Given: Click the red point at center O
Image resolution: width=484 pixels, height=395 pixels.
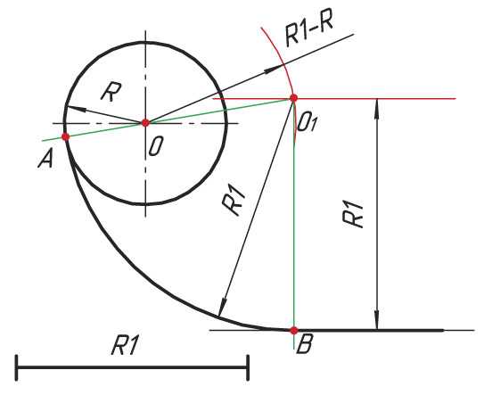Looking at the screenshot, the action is point(145,123).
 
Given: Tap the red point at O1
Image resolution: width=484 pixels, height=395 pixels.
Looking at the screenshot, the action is point(293,98).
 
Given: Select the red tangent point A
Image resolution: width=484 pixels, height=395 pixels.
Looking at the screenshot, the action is point(65,136).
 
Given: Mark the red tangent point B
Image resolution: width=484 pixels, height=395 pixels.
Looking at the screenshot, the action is point(294,330).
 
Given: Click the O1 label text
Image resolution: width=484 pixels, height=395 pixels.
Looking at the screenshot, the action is point(308,124).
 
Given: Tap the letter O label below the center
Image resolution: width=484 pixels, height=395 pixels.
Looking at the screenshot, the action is point(155,146).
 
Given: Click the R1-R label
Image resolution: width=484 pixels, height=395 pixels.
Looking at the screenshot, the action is point(309,32).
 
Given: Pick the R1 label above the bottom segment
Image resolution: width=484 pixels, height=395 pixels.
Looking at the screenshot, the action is point(124,346).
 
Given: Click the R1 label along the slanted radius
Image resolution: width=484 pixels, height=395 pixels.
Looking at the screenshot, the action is point(234,202).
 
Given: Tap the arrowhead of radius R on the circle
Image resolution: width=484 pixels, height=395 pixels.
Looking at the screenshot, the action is point(71,109).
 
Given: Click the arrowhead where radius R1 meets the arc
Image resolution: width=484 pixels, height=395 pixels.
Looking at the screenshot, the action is point(222,307).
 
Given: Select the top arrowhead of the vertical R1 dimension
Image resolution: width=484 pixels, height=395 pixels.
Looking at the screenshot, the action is point(377,107).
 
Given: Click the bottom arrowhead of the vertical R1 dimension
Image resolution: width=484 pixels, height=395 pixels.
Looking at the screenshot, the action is point(377,322).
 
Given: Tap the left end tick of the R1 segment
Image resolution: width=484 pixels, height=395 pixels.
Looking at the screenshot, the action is point(16,367).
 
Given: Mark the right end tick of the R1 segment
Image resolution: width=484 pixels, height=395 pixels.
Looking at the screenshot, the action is point(248,367).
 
